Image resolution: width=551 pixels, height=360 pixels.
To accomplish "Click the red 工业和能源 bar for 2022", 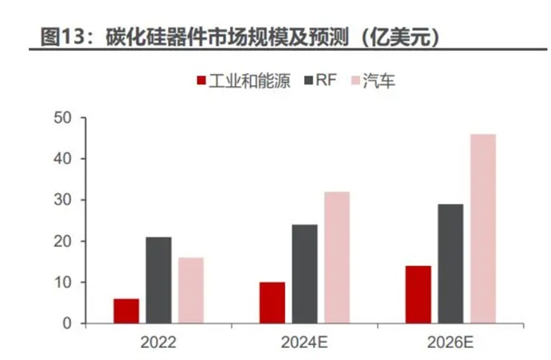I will [126, 311].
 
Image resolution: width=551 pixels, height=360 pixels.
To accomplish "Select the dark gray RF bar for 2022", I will [158, 280].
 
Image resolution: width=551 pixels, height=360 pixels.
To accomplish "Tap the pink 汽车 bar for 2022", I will [190, 290].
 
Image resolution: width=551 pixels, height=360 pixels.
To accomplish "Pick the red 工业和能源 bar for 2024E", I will [272, 302].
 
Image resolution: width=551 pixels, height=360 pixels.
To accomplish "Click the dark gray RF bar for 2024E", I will [304, 273].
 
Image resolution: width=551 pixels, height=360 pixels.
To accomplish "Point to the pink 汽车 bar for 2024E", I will [336, 257].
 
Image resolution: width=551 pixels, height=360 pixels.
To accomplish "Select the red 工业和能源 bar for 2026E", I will [418, 294].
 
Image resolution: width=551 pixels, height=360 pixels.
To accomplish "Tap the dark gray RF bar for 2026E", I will [450, 264].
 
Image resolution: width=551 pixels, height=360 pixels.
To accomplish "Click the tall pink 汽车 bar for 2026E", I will [483, 229].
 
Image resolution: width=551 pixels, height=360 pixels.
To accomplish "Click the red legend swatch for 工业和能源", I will [201, 80].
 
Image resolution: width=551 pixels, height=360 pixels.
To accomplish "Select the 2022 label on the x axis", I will [158, 344].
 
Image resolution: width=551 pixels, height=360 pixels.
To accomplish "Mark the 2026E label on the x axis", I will [451, 344].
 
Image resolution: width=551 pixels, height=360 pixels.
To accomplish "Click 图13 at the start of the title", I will [61, 35].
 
